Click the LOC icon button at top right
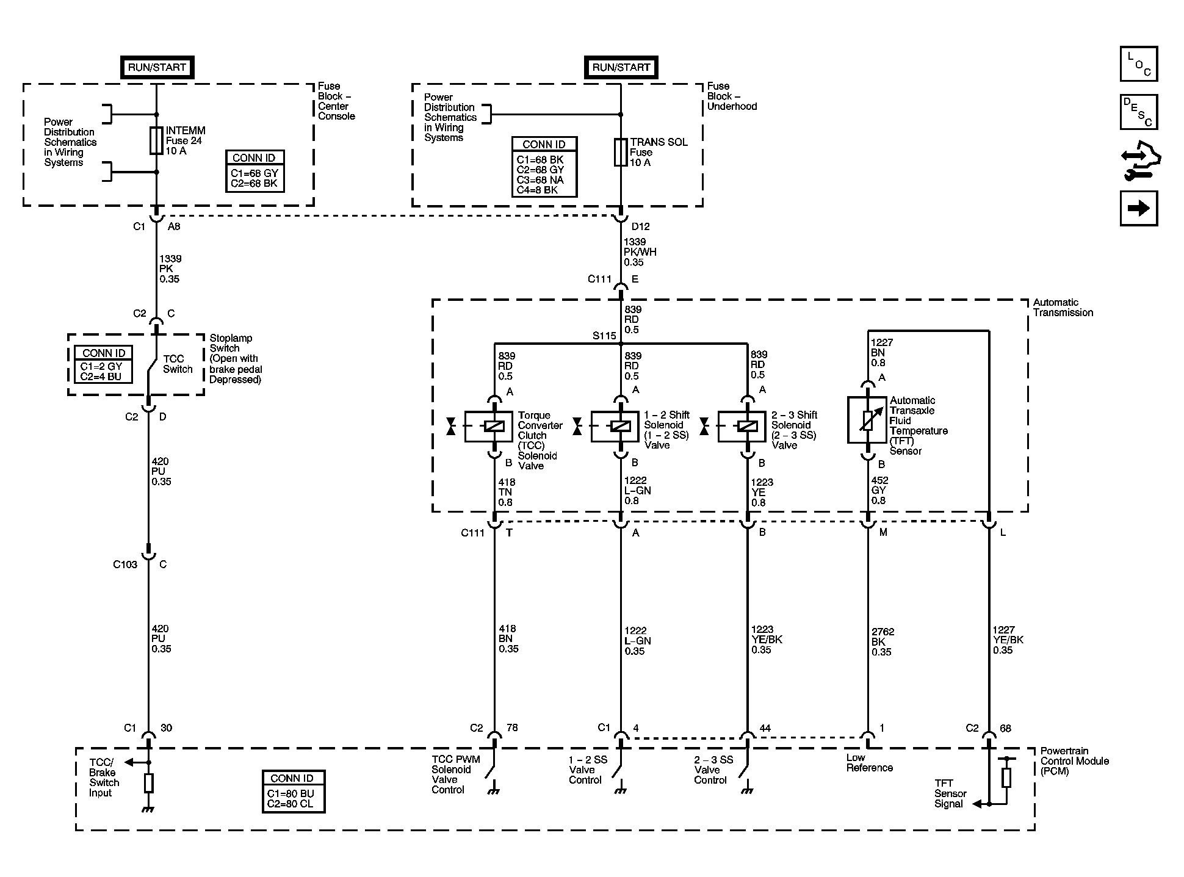pyautogui.click(x=1138, y=64)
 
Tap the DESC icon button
pyautogui.click(x=1138, y=112)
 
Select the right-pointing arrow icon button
pyautogui.click(x=1138, y=209)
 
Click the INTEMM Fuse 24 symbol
pyautogui.click(x=156, y=140)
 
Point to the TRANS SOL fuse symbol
pyautogui.click(x=621, y=152)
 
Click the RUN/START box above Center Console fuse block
pyautogui.click(x=157, y=67)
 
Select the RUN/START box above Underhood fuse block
pyautogui.click(x=621, y=67)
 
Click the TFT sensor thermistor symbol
pyautogui.click(x=867, y=420)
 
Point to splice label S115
pyautogui.click(x=604, y=336)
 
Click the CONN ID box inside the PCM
pyautogui.click(x=294, y=792)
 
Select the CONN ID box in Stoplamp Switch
pyautogui.click(x=104, y=364)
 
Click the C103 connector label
pyautogui.click(x=125, y=565)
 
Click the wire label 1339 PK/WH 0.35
pyautogui.click(x=639, y=252)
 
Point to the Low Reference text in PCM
pyautogui.click(x=869, y=763)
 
